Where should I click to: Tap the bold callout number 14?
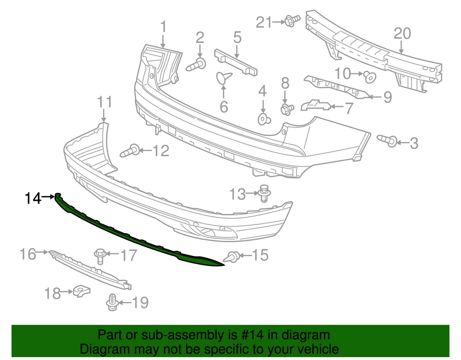tap(33, 198)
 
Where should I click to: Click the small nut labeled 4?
tap(263, 119)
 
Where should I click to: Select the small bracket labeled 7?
tap(315, 105)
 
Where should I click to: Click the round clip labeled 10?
tap(369, 76)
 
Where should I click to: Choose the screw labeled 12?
tap(131, 150)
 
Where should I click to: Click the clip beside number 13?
tap(263, 193)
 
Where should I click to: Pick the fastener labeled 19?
tap(111, 302)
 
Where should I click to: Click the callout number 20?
tap(403, 34)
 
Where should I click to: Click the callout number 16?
tap(28, 254)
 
